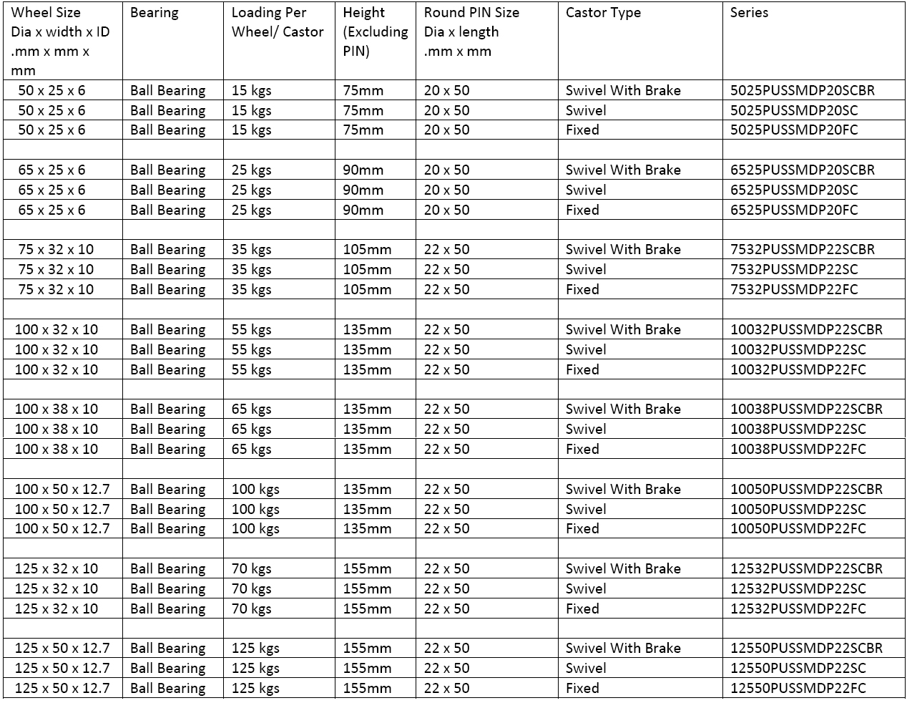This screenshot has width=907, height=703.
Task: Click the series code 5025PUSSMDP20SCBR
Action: coord(802,91)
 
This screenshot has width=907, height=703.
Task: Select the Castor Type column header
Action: coord(603,13)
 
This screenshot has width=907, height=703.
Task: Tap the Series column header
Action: coord(749,13)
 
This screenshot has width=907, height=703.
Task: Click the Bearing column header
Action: coord(155,13)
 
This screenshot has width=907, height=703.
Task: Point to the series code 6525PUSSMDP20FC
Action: coord(794,210)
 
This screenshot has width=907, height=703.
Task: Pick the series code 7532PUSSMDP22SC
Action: coord(794,270)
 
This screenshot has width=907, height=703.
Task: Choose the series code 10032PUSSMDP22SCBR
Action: coord(806,330)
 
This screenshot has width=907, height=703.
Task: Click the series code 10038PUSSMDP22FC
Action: coord(798,450)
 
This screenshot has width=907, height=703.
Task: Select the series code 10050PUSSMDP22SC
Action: coord(798,510)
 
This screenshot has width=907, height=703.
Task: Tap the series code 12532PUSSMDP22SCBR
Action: coord(806,569)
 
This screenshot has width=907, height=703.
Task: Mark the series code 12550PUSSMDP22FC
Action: coord(798,689)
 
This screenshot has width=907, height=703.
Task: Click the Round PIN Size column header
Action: coord(471,31)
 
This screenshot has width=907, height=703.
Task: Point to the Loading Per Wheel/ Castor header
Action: coord(278,22)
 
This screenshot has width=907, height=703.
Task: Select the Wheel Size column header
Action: coord(60,41)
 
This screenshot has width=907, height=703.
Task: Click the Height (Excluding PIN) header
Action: coord(375,31)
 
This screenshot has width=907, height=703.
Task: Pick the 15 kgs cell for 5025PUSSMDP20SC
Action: coord(251,111)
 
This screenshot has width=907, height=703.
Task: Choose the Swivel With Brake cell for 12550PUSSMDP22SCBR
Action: coord(623,649)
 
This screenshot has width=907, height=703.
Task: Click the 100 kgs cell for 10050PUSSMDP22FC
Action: coord(255,529)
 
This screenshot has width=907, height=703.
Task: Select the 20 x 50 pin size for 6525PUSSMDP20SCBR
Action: coord(446,170)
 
